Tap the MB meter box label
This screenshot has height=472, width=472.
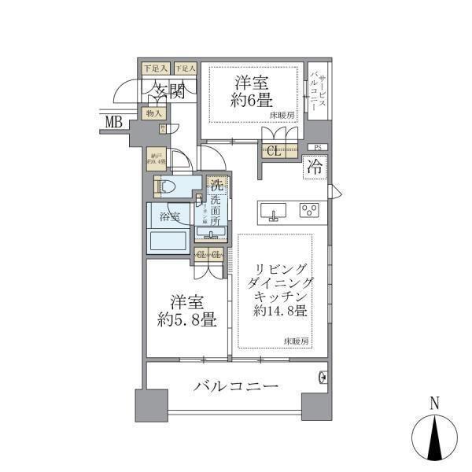[115, 121]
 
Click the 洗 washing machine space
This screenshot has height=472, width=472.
[216, 188]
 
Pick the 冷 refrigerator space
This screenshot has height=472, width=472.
[314, 168]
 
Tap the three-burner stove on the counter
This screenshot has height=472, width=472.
[309, 211]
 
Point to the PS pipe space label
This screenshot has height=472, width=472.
[317, 147]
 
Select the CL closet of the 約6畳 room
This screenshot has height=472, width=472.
[275, 152]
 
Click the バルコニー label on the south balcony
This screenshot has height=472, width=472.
[235, 387]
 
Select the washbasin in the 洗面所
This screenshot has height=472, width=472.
[215, 231]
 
